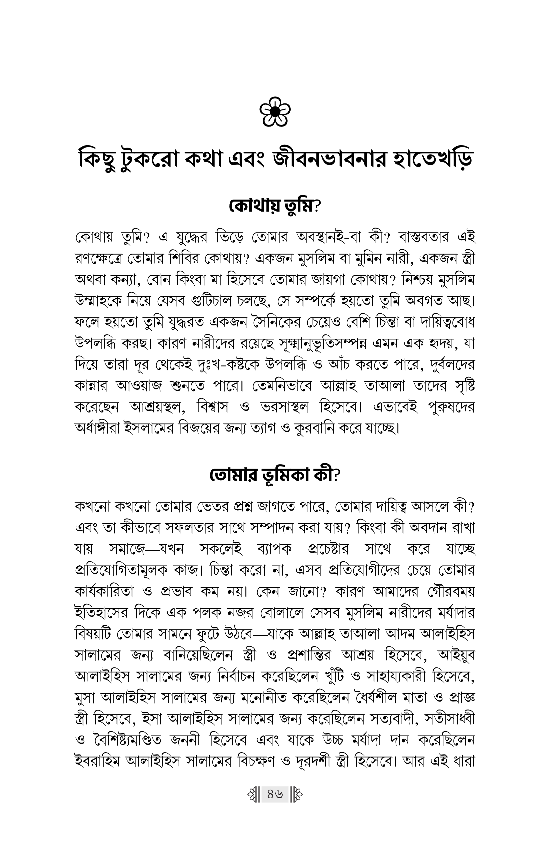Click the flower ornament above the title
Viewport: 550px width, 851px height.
click(275, 111)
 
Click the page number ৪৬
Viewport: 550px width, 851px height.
click(275, 795)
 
